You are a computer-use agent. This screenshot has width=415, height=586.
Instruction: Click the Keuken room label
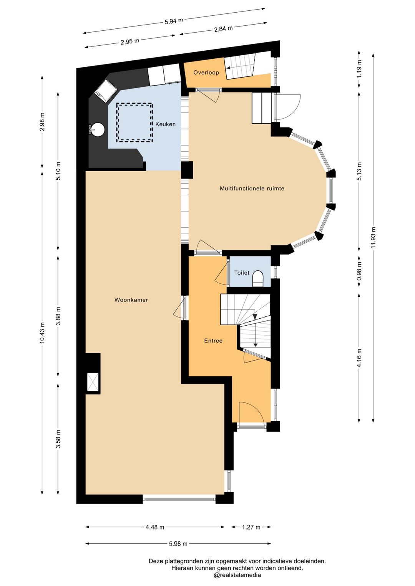point(165,124)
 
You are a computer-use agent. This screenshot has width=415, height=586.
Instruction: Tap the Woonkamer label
point(131,300)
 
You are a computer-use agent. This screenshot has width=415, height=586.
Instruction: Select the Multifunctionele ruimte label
point(252,188)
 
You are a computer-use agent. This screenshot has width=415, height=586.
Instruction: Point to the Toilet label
point(242,273)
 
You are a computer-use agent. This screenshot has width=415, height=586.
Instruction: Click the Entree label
point(213,341)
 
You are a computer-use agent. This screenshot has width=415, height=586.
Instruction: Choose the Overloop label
point(206,73)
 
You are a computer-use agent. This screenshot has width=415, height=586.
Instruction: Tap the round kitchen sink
point(98,129)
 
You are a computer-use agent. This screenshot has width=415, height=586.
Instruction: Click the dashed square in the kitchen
point(134,122)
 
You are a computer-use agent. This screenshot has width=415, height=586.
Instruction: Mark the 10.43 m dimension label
point(43,332)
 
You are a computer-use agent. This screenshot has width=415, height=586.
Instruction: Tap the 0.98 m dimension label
point(359,271)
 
